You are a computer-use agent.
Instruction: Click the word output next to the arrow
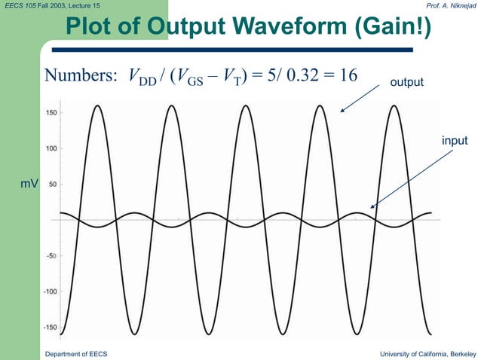click(406, 81)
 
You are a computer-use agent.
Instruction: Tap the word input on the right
click(455, 140)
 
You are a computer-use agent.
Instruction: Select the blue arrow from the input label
click(413, 178)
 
